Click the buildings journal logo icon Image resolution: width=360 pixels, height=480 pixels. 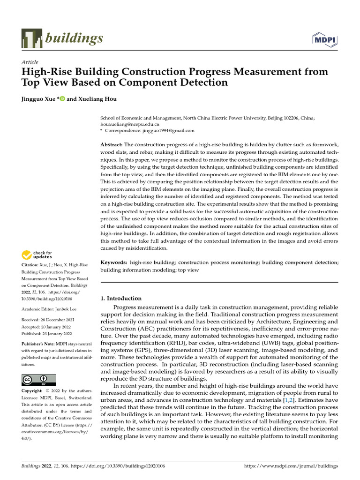pos(31,38)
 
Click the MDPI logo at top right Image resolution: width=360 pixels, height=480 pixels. pos(325,40)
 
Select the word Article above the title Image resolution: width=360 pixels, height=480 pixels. pos(30,62)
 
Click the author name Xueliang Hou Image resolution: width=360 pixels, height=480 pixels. pos(99,99)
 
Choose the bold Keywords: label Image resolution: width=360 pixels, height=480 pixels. pos(114,263)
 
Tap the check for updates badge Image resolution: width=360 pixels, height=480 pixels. pos(37,255)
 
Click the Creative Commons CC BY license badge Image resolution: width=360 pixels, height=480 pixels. pos(38,379)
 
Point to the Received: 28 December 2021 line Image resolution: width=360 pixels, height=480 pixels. pos(47,320)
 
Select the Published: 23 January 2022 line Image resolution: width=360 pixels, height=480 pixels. pos(47,333)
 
